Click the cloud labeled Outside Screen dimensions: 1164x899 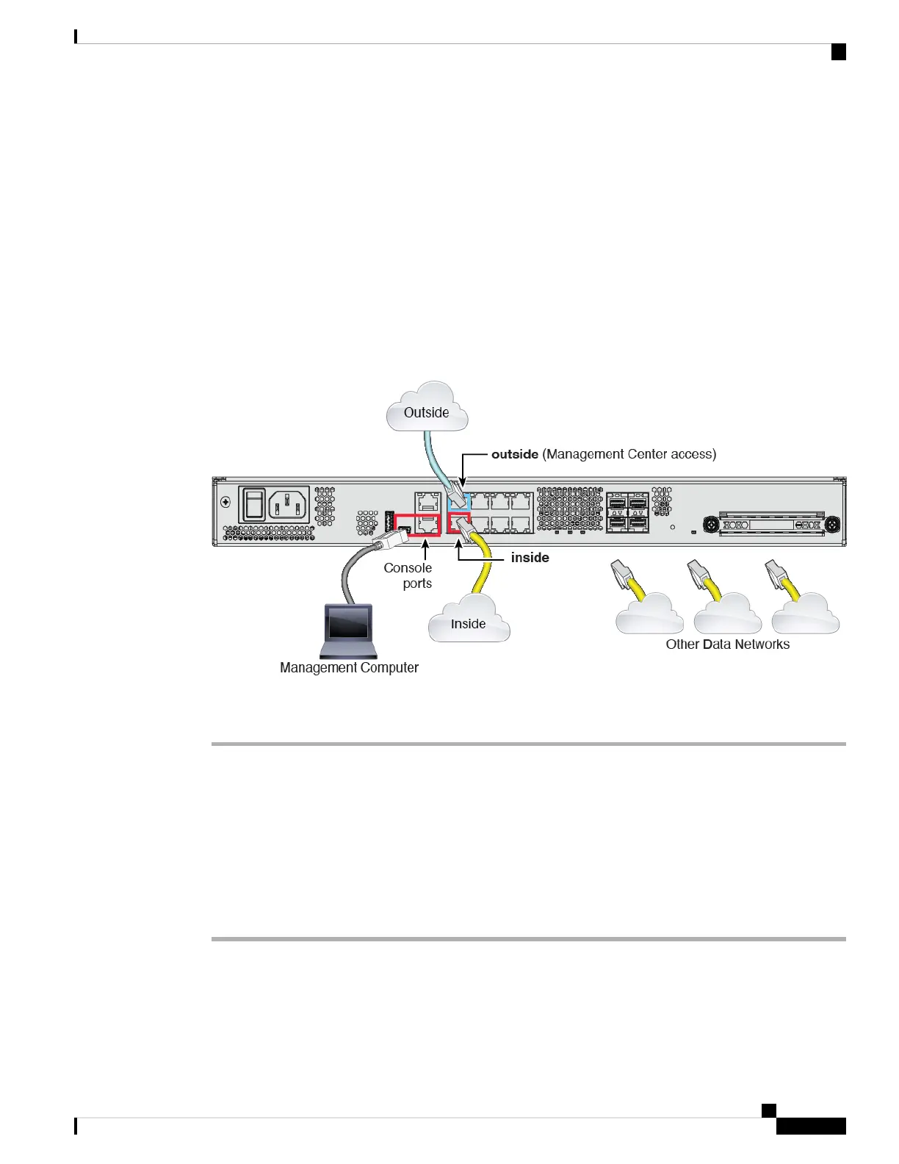[427, 409]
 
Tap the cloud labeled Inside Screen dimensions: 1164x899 [469, 621]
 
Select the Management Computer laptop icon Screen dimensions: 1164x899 [349, 630]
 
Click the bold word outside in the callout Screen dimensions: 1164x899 [515, 454]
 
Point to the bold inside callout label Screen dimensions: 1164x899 [530, 558]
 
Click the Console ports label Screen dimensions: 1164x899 [408, 575]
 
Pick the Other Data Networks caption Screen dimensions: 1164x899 [727, 644]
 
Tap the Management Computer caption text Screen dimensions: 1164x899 [349, 668]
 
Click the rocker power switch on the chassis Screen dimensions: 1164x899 [254, 504]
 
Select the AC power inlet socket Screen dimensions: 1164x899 [289, 504]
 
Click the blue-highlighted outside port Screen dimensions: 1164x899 [459, 502]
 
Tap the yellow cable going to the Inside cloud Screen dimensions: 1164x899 [483, 566]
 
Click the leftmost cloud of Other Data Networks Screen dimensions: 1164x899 [649, 615]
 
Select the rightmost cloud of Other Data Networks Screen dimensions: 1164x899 [806, 615]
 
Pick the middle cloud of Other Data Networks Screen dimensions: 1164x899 [727, 615]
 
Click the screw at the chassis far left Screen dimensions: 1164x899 [225, 503]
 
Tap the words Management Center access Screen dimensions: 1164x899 [629, 454]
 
